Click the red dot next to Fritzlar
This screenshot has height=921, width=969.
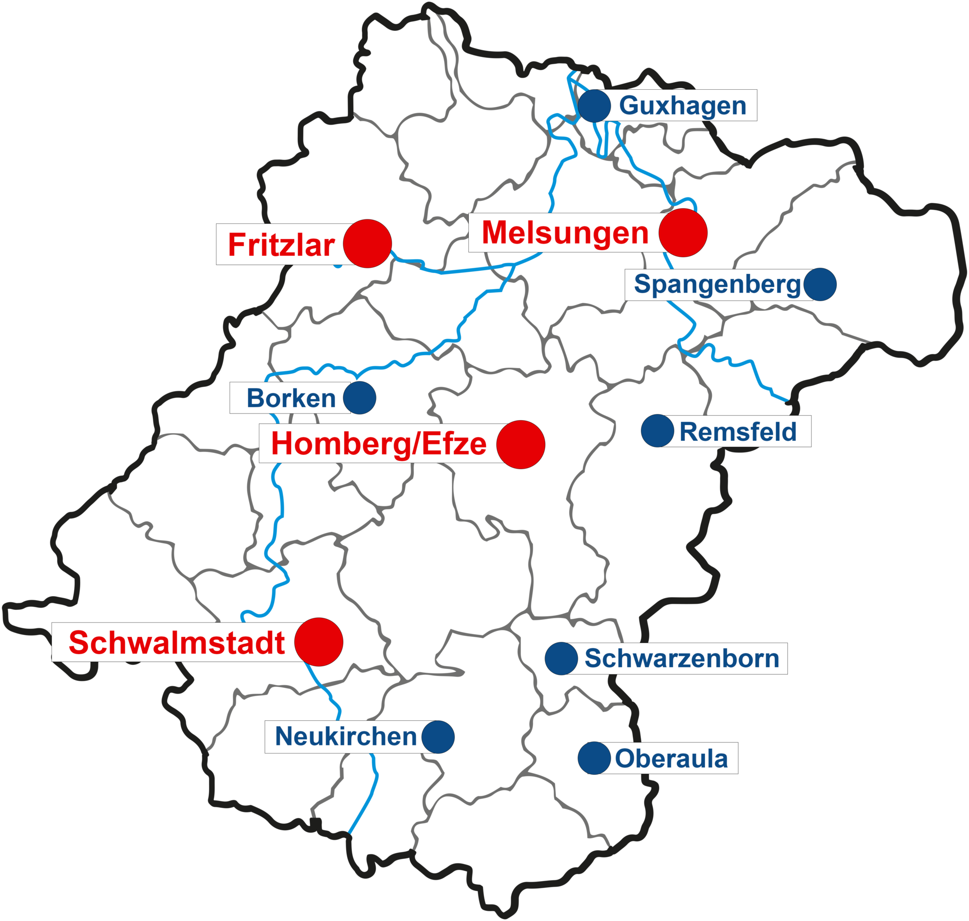click(367, 244)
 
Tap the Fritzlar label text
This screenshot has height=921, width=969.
click(281, 245)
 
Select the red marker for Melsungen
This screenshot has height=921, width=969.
click(683, 233)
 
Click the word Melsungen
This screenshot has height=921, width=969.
click(565, 233)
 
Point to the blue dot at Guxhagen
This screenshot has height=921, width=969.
click(595, 106)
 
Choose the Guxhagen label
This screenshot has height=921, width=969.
click(682, 105)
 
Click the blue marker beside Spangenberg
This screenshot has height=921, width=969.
click(820, 284)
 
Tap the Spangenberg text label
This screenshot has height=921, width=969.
click(717, 284)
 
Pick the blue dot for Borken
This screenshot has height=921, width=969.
click(360, 398)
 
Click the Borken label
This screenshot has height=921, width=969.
click(291, 398)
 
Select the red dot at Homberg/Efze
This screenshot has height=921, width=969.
click(520, 444)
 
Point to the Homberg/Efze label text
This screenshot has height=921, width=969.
click(379, 444)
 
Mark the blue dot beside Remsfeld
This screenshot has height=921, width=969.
click(658, 431)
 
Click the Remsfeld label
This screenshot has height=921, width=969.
click(737, 431)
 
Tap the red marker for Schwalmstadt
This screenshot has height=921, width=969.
click(318, 642)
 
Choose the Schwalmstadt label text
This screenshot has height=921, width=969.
click(177, 643)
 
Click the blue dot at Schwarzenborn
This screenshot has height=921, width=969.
click(561, 659)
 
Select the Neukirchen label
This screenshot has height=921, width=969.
click(346, 736)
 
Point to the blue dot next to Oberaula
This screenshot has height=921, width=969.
click(594, 758)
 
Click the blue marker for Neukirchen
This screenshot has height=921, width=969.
click(438, 737)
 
